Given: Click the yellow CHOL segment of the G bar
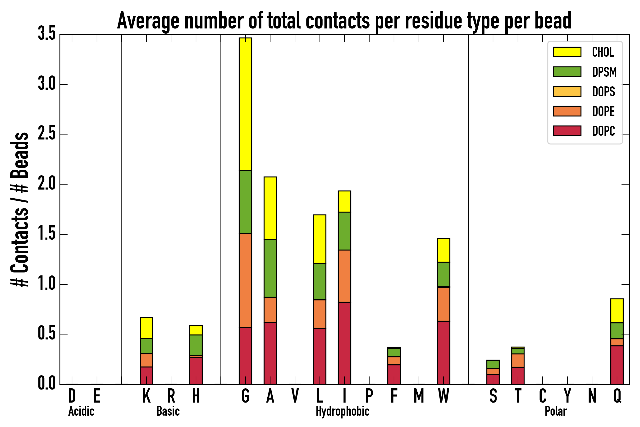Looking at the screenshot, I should tap(245, 104).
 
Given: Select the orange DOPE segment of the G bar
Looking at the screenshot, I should tap(245, 280).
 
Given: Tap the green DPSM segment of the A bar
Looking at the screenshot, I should tap(270, 268).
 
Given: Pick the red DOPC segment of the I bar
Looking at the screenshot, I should tap(344, 343).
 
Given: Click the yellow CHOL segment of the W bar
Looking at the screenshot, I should tap(443, 250).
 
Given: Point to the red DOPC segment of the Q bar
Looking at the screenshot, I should tap(617, 365).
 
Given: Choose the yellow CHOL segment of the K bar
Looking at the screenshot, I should tap(146, 328).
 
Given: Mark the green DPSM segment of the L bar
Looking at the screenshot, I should tap(320, 282).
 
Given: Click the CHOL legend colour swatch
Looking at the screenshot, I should tap(567, 52).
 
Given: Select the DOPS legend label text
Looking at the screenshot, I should tap(603, 92).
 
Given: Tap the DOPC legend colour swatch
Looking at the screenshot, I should tap(567, 131).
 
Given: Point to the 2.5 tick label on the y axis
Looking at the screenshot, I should tap(47, 134).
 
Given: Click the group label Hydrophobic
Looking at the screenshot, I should tap(343, 411).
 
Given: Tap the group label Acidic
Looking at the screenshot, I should tap(81, 411).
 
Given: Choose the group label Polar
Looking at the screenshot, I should tap(556, 411).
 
